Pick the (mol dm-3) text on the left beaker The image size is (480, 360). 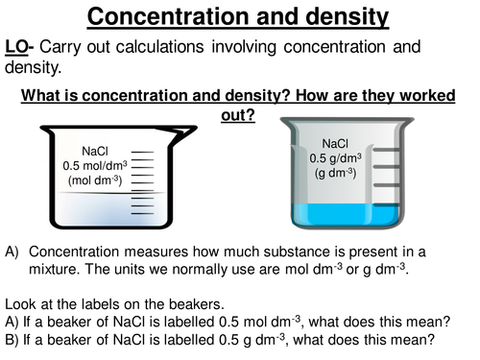click(x=95, y=180)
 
